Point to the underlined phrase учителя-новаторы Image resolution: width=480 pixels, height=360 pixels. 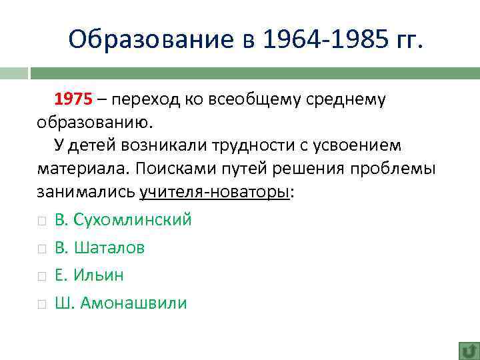coord(215,191)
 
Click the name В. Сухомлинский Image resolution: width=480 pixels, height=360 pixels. coord(123,219)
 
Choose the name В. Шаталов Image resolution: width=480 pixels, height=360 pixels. coord(100,247)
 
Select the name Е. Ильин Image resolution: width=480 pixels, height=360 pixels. coord(89,275)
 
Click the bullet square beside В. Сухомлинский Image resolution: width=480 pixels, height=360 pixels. coord(41,221)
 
